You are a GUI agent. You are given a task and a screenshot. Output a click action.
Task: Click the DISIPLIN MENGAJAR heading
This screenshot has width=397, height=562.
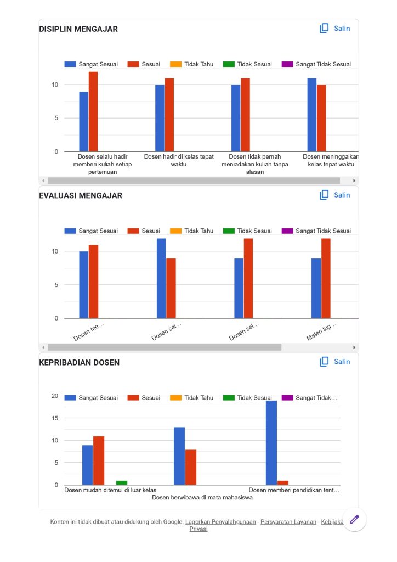(x=78, y=29)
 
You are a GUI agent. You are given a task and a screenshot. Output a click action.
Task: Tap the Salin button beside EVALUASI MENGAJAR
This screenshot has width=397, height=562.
(x=335, y=195)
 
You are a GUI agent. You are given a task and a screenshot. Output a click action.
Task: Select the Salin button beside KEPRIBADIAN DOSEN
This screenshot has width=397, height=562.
(x=335, y=362)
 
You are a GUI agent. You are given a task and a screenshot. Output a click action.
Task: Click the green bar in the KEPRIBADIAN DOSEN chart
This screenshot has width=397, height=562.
(x=122, y=483)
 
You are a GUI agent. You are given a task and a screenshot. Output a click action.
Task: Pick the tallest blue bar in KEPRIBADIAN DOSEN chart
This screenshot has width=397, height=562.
(x=271, y=442)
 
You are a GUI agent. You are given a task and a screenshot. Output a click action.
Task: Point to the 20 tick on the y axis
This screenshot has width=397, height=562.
(x=55, y=396)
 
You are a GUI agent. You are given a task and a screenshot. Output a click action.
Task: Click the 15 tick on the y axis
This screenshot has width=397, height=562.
(x=55, y=418)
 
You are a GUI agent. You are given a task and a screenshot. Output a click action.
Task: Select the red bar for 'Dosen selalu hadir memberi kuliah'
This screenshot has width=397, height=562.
(x=93, y=111)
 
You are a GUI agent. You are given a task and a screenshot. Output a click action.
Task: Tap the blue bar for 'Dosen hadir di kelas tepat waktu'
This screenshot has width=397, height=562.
(x=160, y=118)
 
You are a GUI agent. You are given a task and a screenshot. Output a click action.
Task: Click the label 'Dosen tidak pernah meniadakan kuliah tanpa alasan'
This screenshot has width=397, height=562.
(x=255, y=164)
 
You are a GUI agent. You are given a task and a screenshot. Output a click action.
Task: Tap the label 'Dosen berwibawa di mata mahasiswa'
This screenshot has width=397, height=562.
(x=202, y=498)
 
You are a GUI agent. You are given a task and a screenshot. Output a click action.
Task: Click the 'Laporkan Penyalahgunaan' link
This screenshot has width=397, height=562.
(x=220, y=522)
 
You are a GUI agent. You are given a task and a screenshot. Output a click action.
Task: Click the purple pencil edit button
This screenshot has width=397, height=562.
(x=354, y=519)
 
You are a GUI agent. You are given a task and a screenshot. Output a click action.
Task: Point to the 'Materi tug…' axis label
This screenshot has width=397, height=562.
(x=321, y=332)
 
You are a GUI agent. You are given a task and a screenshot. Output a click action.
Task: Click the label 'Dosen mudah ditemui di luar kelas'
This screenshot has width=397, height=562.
(x=110, y=490)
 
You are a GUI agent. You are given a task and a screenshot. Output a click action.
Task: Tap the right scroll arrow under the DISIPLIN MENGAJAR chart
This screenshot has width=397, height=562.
(x=354, y=181)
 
